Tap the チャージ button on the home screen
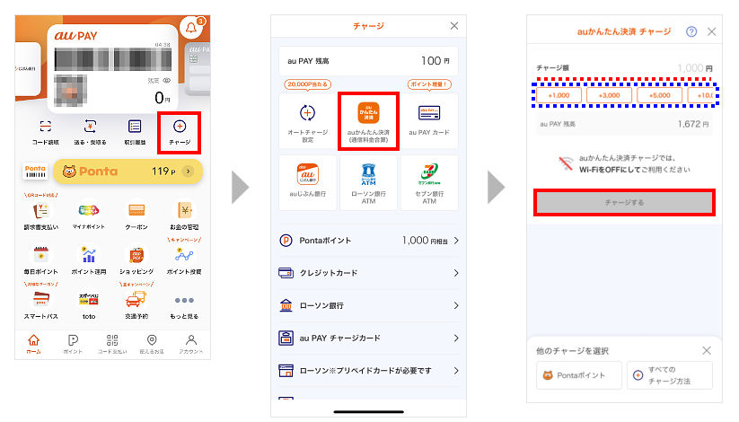179,131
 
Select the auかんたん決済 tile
368,120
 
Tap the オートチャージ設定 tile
307,120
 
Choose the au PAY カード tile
428,120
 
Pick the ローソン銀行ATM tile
368,183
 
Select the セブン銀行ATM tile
428,183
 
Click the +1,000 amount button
559,95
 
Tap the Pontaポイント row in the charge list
368,241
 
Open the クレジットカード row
368,273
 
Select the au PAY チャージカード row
368,338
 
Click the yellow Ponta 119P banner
126,170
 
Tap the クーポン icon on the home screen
136,216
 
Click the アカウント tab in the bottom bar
190,345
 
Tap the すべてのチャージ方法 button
669,375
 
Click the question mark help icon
691,31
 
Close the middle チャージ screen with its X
453,27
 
